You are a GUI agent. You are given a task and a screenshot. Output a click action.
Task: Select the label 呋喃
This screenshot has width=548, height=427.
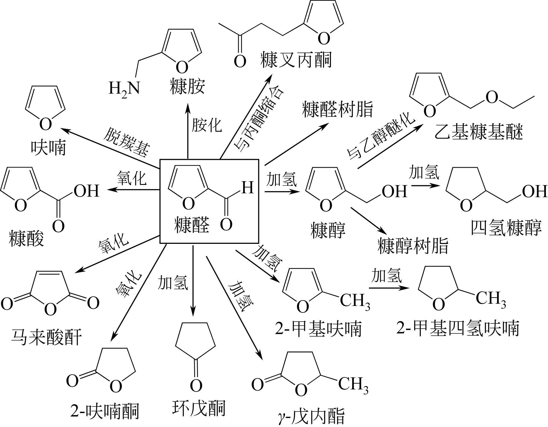[49, 148]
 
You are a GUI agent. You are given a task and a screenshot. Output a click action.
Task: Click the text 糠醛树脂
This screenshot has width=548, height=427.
[337, 109]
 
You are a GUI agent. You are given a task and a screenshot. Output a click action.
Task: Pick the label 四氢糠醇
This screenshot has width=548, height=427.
[506, 228]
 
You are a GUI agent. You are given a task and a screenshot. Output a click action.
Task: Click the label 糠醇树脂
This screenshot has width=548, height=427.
[413, 246]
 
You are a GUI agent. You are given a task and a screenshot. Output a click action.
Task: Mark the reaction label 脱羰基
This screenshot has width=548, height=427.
[126, 142]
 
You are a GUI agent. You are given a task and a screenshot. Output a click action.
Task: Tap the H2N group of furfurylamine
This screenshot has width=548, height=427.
[124, 89]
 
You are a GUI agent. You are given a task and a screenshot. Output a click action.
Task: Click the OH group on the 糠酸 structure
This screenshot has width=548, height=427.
[86, 191]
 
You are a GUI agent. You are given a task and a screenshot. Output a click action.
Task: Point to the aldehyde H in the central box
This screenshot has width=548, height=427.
[248, 187]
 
